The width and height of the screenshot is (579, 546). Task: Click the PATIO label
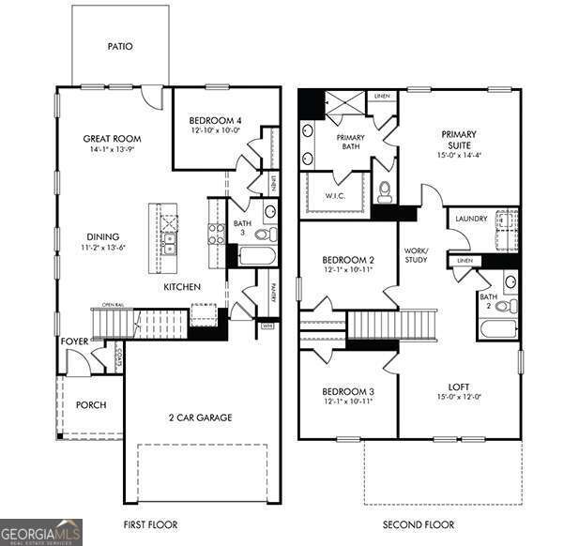[x=120, y=45]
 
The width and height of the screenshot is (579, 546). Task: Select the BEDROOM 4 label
[x=215, y=120]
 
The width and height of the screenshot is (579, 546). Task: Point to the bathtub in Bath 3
[x=255, y=255]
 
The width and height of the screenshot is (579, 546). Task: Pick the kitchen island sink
[x=169, y=246]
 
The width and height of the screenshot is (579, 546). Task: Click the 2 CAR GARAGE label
[x=200, y=417]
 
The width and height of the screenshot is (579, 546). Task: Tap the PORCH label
[x=91, y=405]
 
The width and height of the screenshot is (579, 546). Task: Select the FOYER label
[x=75, y=341]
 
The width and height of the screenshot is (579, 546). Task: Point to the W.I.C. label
[x=337, y=197]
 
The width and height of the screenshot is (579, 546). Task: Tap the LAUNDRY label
[x=471, y=219]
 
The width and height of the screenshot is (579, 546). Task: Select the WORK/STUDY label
[x=416, y=256]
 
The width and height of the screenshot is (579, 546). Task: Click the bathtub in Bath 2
[x=497, y=329]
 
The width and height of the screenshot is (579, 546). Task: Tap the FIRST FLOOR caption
[x=150, y=525]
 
